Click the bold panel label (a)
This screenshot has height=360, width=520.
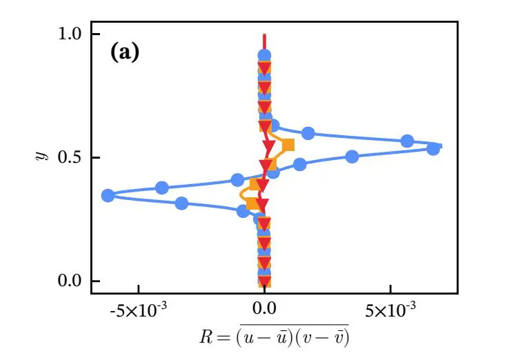pos(125,53)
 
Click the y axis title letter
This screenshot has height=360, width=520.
pos(40,157)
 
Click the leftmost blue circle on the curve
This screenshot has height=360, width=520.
pos(108,196)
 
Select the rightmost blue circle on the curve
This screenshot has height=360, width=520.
pos(433,148)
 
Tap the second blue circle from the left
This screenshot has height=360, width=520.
pos(162,188)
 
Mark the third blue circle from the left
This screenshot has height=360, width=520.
pos(181,203)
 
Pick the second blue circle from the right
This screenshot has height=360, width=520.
pos(407,141)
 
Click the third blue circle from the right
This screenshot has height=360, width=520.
pos(352,157)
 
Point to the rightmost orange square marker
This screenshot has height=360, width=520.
pos(288,145)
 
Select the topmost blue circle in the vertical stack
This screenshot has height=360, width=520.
pos(264,55)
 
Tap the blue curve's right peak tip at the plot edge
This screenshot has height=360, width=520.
pos(441,146)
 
